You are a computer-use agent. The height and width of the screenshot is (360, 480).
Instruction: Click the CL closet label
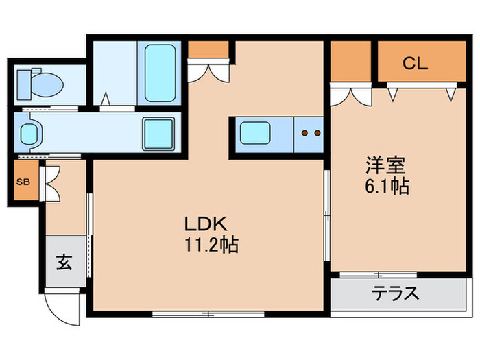tap(415, 64)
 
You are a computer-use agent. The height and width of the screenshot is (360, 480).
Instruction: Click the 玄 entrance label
tap(64, 262)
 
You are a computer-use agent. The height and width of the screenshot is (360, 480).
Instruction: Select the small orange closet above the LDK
tap(208, 49)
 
